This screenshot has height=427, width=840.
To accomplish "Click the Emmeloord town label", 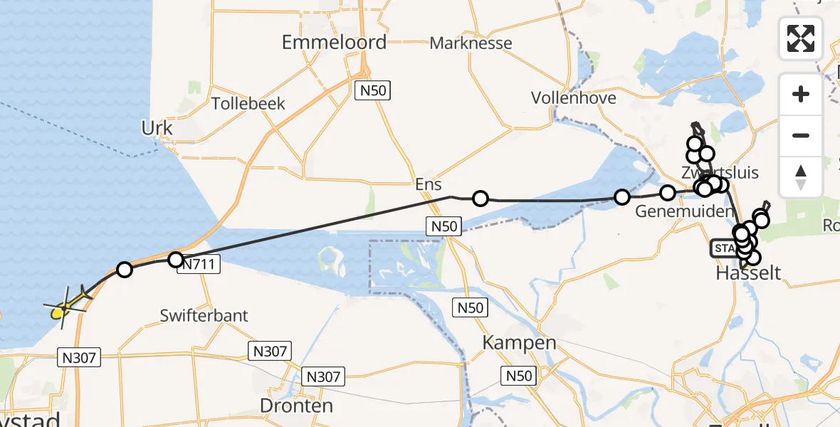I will (x=334, y=42).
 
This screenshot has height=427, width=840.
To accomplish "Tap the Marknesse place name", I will (x=471, y=43).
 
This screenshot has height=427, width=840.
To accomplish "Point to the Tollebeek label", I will (x=248, y=103).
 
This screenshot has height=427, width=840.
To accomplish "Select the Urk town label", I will (x=157, y=128).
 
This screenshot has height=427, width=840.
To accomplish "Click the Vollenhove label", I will (x=574, y=97).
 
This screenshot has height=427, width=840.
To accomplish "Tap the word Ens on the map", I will (x=429, y=185).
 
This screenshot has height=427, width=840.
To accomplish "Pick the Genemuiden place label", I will (x=683, y=212).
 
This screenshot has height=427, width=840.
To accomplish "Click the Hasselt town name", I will (x=750, y=273).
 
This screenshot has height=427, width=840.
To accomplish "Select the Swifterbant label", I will (x=204, y=315).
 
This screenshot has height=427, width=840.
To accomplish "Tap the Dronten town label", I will (x=297, y=406).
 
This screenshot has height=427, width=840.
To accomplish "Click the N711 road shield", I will (x=200, y=265).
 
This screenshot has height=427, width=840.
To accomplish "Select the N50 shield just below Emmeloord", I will (x=373, y=90).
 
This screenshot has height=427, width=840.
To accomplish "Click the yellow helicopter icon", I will (x=66, y=307).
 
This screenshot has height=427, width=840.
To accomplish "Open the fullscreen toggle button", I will (x=801, y=38).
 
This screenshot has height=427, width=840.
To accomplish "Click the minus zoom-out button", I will (x=801, y=135).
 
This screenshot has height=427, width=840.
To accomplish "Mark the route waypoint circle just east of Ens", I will (x=481, y=199).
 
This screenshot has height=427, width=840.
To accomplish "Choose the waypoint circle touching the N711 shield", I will (x=175, y=260).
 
